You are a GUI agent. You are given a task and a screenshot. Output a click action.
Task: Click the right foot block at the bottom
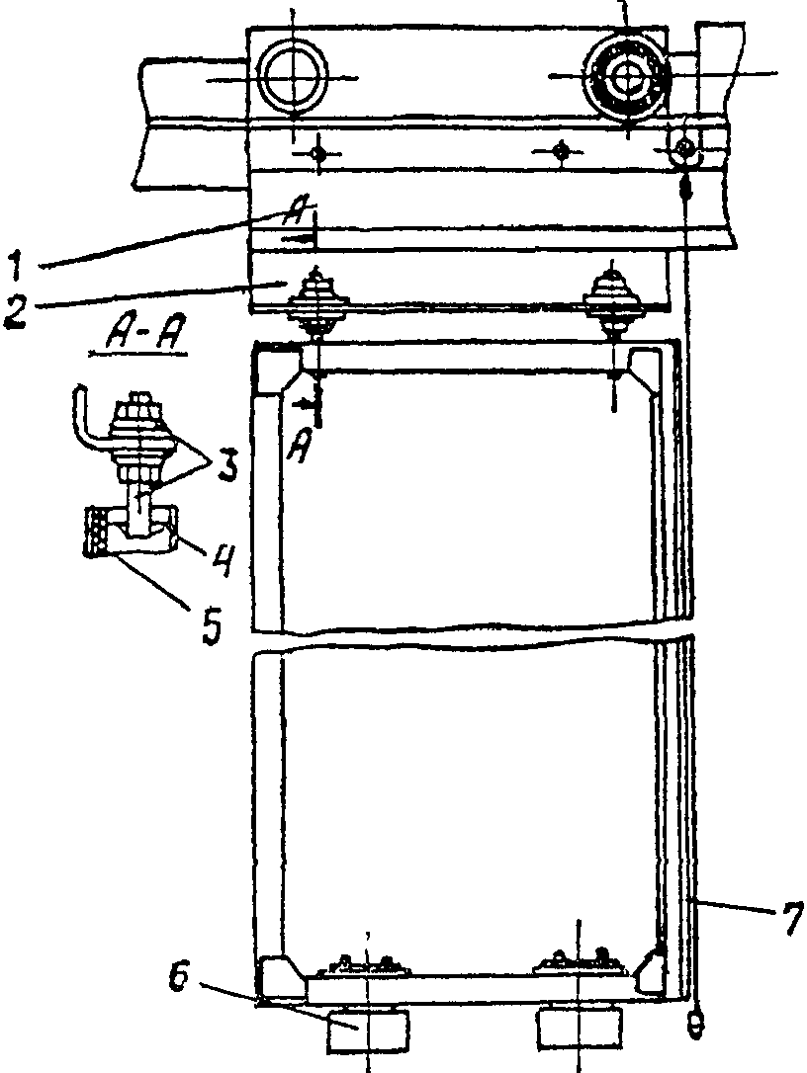coord(580,1032)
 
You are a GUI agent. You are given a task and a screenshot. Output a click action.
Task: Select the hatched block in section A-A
coord(98,532)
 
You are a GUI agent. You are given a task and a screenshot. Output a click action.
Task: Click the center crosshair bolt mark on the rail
coord(561,151)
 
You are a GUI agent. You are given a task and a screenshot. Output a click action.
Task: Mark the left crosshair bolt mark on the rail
coord(317,152)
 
